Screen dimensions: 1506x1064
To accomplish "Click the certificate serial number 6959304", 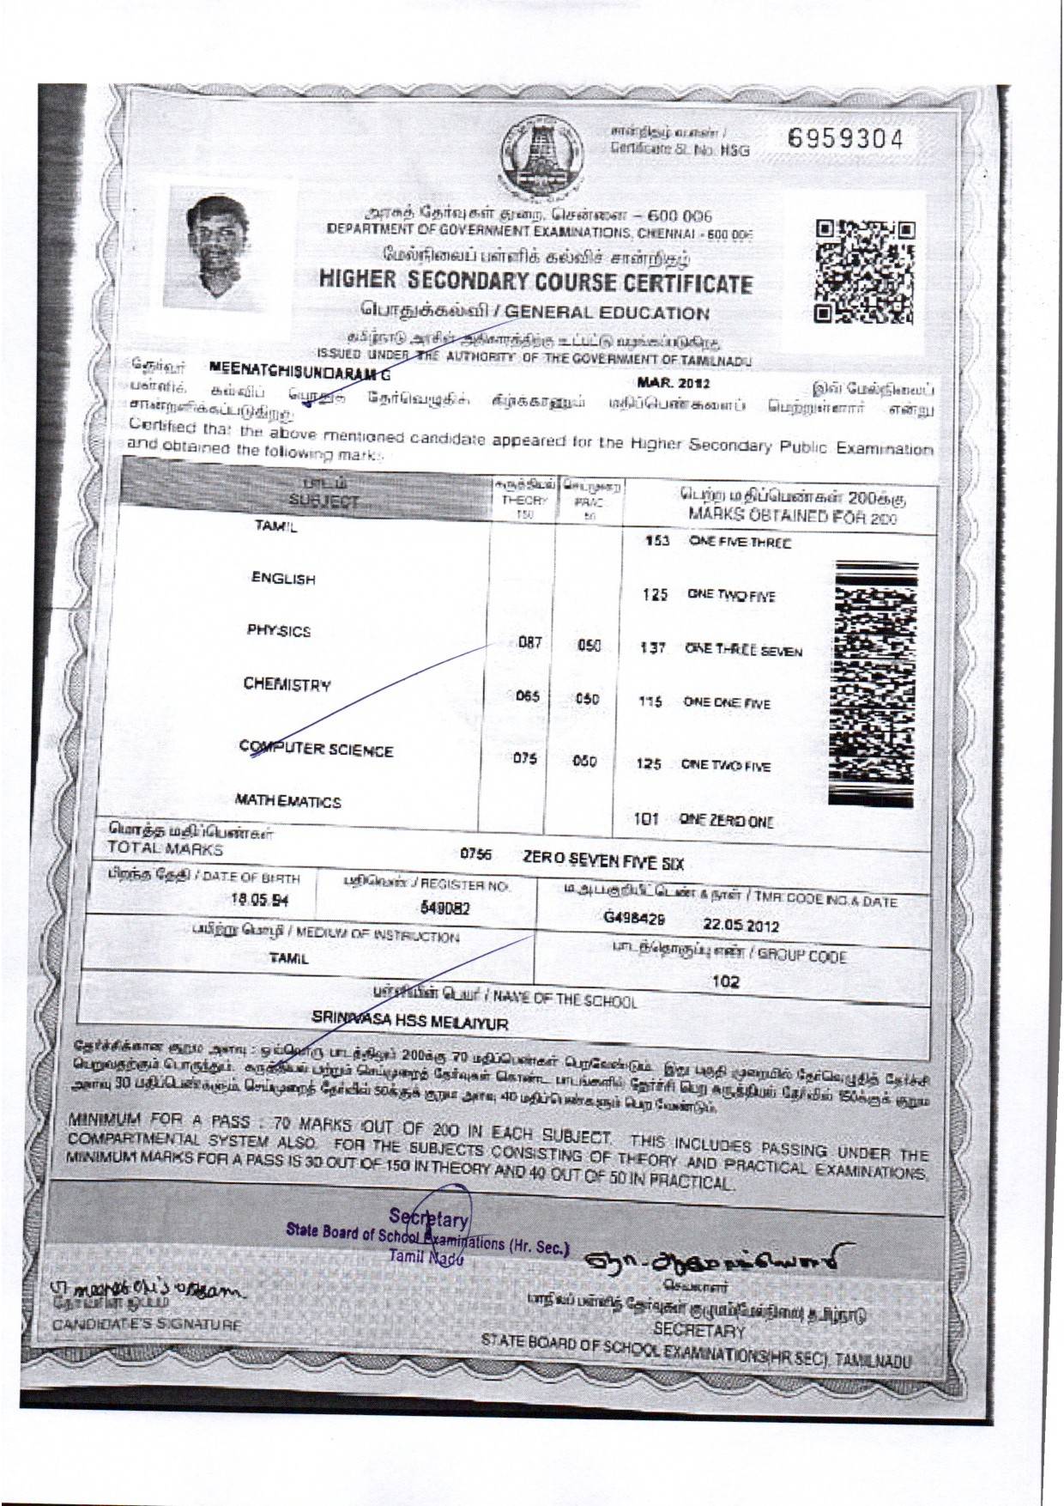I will (845, 140).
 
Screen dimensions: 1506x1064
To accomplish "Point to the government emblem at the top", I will (541, 156).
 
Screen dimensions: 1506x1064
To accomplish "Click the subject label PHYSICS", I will (279, 632).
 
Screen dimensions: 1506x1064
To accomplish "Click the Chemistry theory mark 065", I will (527, 697).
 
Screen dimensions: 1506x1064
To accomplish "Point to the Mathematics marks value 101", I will (645, 820).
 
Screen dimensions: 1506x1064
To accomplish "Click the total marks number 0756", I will (475, 854).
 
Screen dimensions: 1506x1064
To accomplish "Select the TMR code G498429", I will (634, 919).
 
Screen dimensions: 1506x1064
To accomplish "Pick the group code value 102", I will (726, 982).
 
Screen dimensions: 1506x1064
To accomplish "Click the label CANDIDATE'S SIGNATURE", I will (147, 1349).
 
